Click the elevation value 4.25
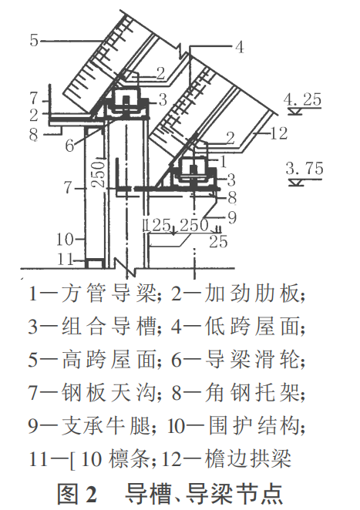(302, 99)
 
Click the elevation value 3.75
(304, 169)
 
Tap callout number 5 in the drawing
(34, 40)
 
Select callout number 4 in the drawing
(239, 47)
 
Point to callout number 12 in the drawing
(279, 133)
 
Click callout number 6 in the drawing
(69, 146)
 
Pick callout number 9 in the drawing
(232, 217)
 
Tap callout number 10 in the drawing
(65, 240)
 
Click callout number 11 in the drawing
(65, 260)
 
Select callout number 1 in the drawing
(224, 162)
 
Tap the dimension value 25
(218, 242)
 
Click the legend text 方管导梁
(109, 294)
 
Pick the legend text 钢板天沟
(109, 392)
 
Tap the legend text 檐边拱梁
(248, 458)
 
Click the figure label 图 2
(77, 494)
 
